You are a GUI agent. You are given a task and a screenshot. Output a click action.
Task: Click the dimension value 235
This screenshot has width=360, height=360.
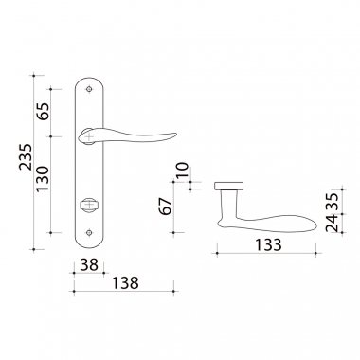pyautogui.click(x=26, y=157)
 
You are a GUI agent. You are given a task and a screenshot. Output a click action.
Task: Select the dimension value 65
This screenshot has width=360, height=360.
pyautogui.click(x=43, y=111)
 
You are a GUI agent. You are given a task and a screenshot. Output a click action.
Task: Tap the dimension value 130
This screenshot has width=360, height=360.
pyautogui.click(x=43, y=179)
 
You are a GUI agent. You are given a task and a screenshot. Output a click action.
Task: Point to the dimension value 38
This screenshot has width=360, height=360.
pyautogui.click(x=89, y=264)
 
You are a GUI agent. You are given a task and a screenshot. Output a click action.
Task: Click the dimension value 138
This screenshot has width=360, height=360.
pyautogui.click(x=125, y=283)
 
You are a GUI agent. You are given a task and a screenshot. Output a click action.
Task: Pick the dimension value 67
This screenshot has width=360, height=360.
pyautogui.click(x=166, y=207)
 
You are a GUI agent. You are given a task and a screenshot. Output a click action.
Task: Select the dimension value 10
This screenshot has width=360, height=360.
pyautogui.click(x=182, y=170)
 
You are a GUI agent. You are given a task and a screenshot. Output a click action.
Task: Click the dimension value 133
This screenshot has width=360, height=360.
pyautogui.click(x=268, y=244)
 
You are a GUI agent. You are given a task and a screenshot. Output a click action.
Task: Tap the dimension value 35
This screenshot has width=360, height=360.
pyautogui.click(x=332, y=201)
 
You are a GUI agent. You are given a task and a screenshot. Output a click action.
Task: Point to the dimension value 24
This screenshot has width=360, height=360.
pyautogui.click(x=332, y=223)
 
